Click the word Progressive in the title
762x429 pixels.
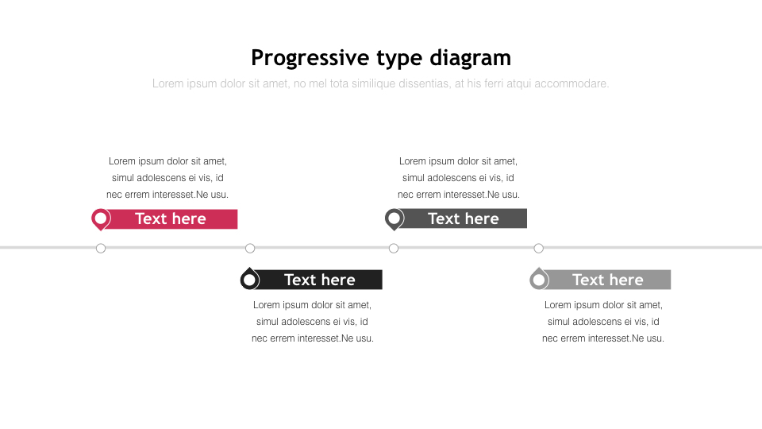310,58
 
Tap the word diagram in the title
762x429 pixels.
471,58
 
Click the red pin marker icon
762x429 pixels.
101,219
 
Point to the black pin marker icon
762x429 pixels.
250,279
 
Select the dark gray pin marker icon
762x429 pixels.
394,219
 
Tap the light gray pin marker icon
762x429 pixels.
539,279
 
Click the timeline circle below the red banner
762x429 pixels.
101,249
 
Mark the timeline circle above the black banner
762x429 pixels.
250,249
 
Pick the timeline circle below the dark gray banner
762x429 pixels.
394,249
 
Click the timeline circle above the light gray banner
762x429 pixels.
538,249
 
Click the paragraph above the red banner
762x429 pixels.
167,177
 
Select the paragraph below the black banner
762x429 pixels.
313,322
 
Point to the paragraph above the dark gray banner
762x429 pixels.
458,177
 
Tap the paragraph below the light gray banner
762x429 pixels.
603,322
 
